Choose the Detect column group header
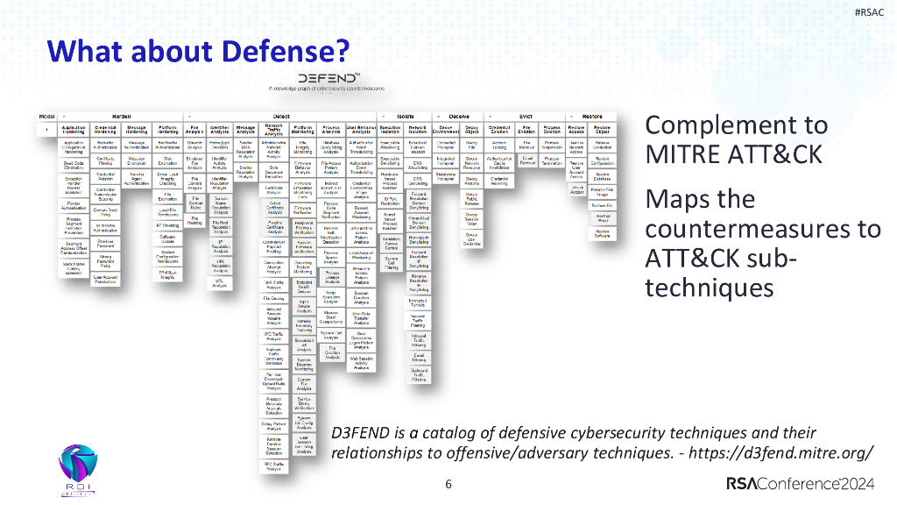pos(281,116)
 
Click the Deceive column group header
pos(458,116)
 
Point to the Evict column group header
pos(526,116)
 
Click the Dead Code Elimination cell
pos(74,165)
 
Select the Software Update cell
pos(167,238)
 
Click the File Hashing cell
pos(194,221)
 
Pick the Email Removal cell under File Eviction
pos(527,162)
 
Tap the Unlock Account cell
pos(576,189)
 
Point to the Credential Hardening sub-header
pos(105,130)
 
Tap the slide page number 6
pos(448,484)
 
